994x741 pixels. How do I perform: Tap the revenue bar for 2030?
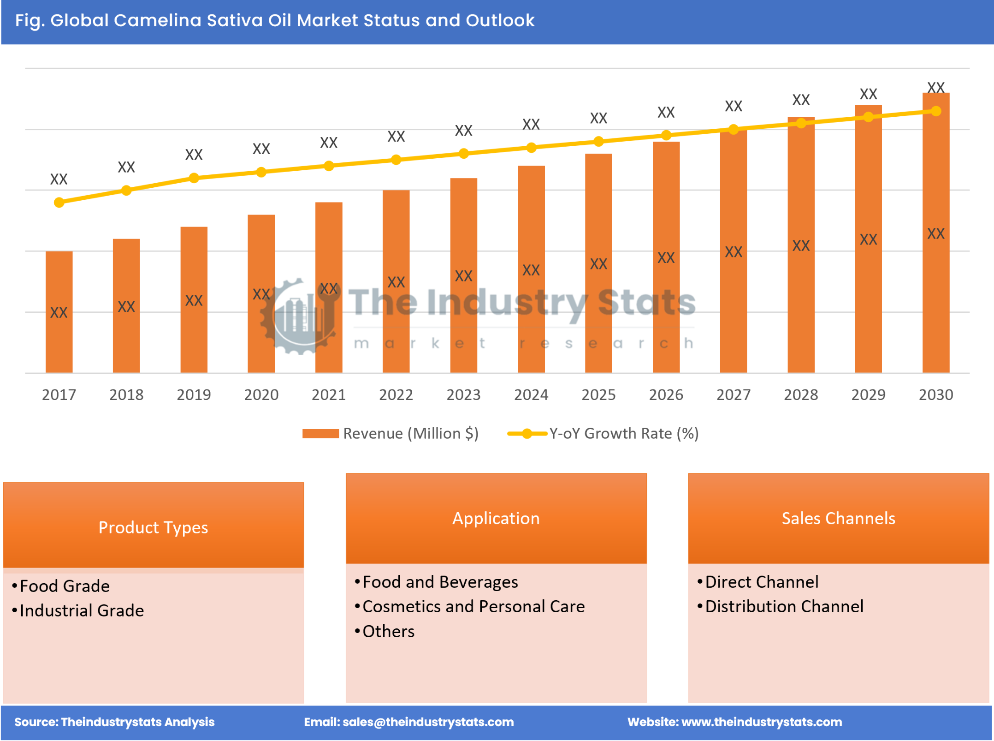pyautogui.click(x=935, y=233)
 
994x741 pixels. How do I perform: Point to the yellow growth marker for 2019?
pyautogui.click(x=194, y=178)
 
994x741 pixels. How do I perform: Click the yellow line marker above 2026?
pyautogui.click(x=666, y=135)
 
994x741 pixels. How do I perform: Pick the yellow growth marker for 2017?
pyautogui.click(x=59, y=203)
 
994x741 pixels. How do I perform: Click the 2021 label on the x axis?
pyautogui.click(x=329, y=395)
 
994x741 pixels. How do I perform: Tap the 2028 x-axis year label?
pyautogui.click(x=801, y=395)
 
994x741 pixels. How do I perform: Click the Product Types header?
pyautogui.click(x=153, y=527)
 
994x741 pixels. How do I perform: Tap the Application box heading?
pyautogui.click(x=496, y=518)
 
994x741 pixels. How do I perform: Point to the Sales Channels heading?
pyautogui.click(x=838, y=518)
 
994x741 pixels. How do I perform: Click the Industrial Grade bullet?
pyautogui.click(x=82, y=610)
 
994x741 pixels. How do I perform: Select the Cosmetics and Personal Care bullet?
pyautogui.click(x=473, y=606)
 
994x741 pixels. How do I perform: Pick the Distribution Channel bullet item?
pyautogui.click(x=784, y=606)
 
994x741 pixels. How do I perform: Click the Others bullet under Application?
pyautogui.click(x=388, y=631)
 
